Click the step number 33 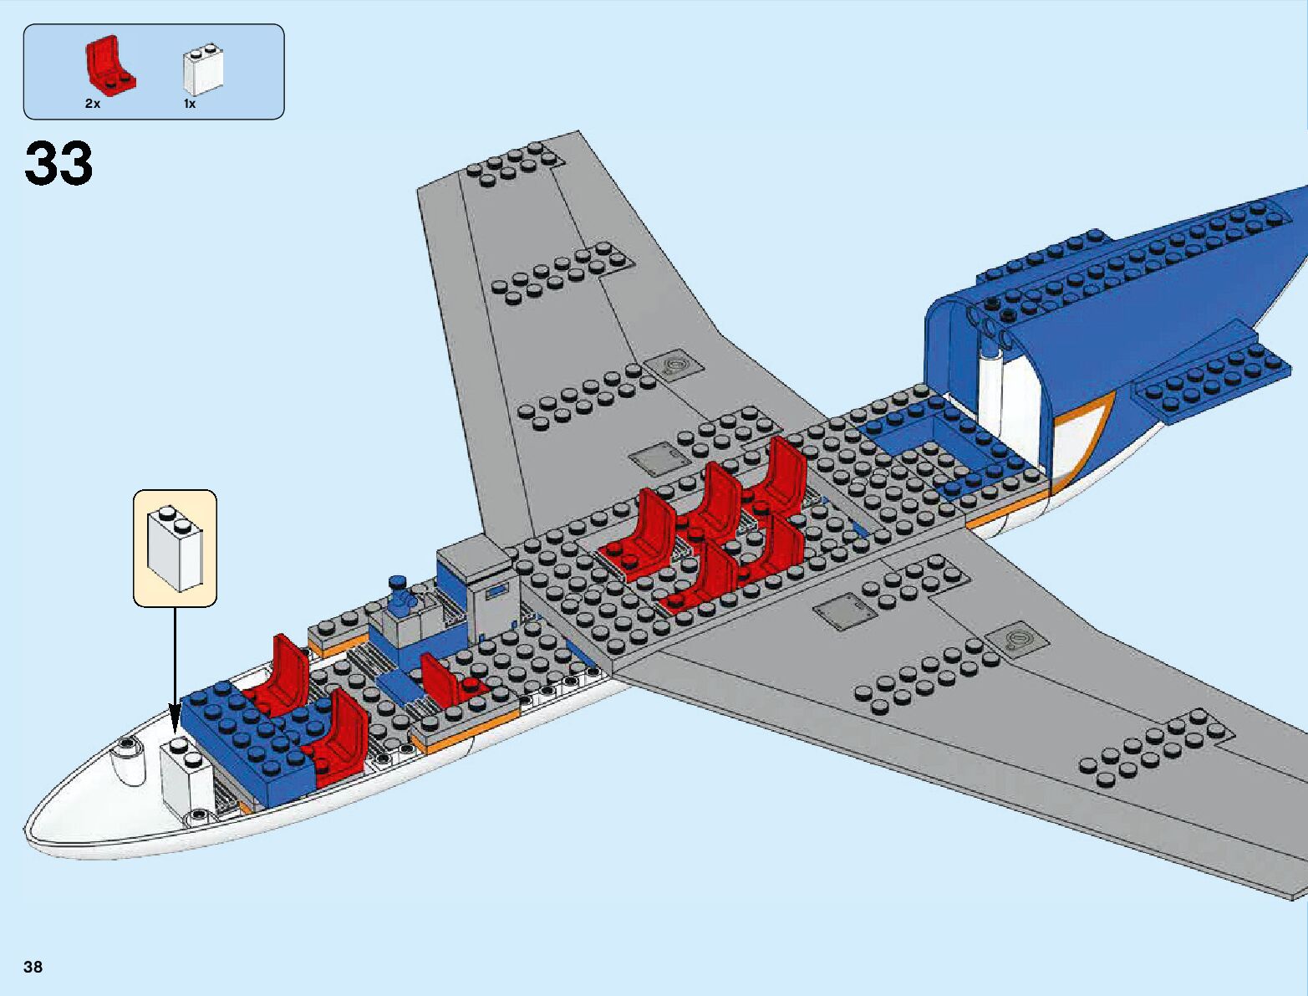coord(59,163)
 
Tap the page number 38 coord(33,968)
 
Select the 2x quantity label coord(92,104)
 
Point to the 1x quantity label coord(190,104)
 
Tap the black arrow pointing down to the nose coord(176,669)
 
